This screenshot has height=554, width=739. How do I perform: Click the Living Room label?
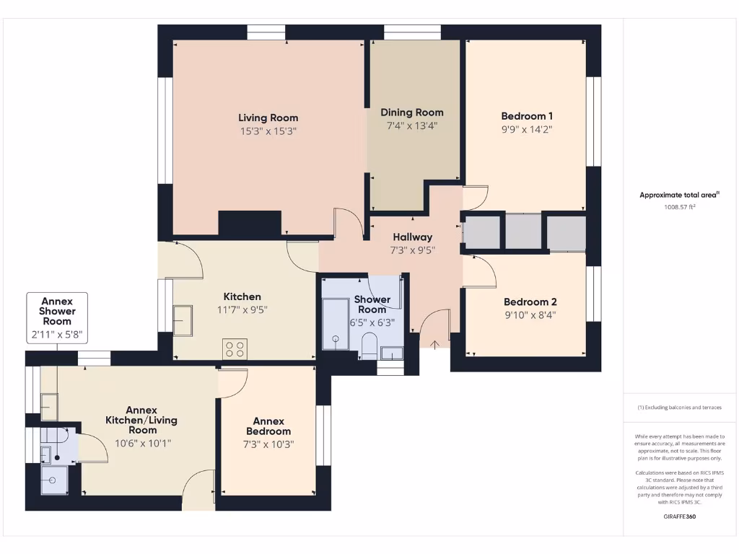click(268, 118)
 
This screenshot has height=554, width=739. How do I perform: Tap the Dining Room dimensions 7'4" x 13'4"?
click(412, 126)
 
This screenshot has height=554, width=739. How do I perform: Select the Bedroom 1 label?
click(527, 115)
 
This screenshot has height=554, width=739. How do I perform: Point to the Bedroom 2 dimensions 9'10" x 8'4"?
click(530, 315)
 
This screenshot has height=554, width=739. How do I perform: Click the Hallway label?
click(412, 237)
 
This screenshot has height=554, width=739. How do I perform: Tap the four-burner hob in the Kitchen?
click(235, 348)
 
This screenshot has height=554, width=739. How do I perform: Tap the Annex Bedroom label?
click(268, 426)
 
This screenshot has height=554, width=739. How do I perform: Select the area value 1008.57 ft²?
click(680, 207)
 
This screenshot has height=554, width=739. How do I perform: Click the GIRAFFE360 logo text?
click(680, 516)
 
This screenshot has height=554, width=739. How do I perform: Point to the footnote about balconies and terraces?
click(680, 408)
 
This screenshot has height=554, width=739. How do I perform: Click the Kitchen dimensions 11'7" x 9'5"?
click(242, 310)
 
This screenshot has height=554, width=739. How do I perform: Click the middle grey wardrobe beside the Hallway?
click(522, 231)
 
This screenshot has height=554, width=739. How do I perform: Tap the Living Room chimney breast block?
click(249, 223)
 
